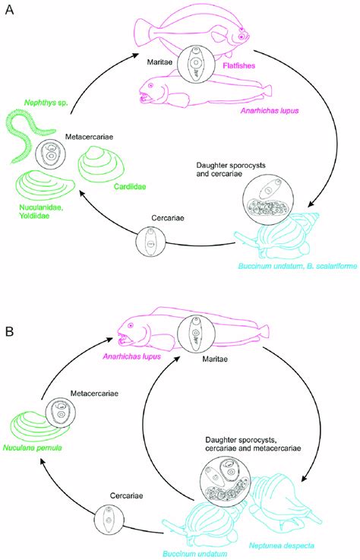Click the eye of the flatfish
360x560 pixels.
[242, 36]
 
